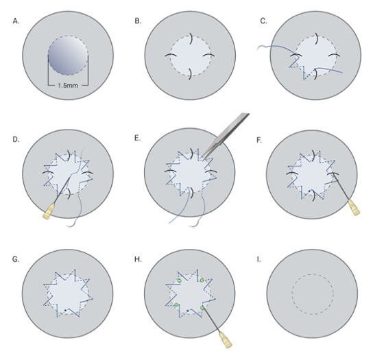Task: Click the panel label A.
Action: [16, 21]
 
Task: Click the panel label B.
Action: [138, 21]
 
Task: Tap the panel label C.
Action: [263, 21]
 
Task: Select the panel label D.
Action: [16, 139]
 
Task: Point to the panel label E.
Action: [138, 138]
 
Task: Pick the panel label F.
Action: [259, 140]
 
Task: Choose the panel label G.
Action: [16, 259]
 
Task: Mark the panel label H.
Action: [138, 259]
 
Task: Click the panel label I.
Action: [258, 259]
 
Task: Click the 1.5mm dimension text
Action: [68, 85]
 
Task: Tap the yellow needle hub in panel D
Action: [49, 211]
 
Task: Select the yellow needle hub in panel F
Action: [354, 208]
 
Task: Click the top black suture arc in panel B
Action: [191, 38]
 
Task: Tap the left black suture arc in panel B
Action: [171, 55]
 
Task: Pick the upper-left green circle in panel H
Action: [180, 280]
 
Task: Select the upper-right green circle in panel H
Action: [202, 280]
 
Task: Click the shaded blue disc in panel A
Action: [68, 56]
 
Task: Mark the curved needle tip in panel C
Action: [258, 49]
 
